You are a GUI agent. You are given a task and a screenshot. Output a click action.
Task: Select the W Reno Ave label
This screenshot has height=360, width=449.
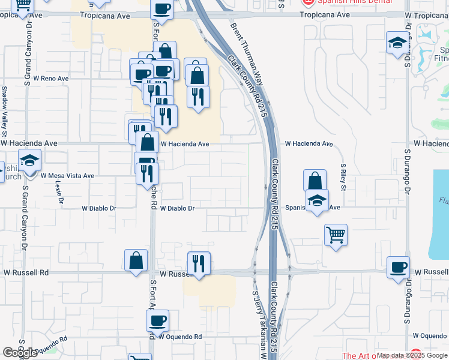[x=50, y=79]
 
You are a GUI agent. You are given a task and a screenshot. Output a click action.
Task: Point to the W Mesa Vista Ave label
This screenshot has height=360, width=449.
[x=67, y=176]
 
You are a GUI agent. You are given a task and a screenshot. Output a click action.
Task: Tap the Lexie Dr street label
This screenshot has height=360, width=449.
[x=59, y=193]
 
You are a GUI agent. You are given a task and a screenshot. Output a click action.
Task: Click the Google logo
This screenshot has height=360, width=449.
[x=20, y=353]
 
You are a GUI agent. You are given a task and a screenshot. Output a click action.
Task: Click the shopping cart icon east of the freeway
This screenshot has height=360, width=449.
[x=336, y=234]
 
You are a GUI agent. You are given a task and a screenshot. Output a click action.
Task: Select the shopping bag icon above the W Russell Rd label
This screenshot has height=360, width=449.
[x=136, y=260]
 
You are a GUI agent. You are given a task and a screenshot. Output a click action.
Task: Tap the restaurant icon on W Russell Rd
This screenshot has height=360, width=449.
[x=199, y=263]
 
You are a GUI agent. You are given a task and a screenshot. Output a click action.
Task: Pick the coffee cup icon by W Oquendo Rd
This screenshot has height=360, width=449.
[x=158, y=320]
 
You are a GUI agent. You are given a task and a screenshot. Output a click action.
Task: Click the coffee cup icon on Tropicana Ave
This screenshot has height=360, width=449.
[x=162, y=9]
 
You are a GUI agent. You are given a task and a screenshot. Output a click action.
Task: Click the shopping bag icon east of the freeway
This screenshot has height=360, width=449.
[x=315, y=180]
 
